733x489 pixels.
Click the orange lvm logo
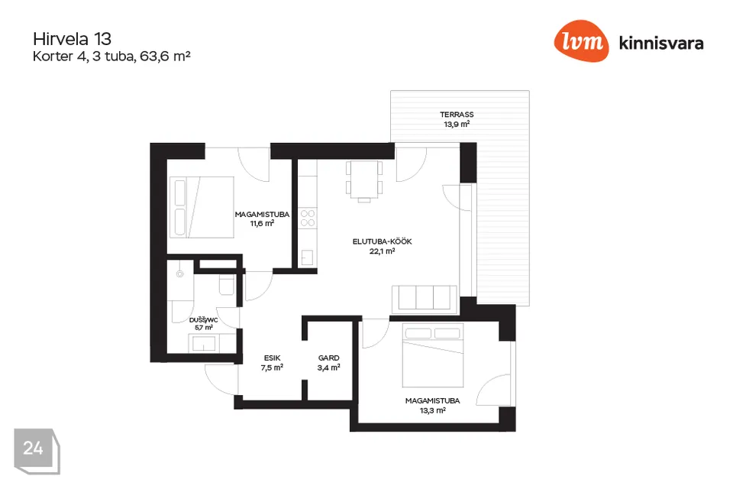pyautogui.click(x=581, y=41)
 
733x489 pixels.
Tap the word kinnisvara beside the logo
pyautogui.click(x=661, y=43)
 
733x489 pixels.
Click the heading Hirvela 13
pyautogui.click(x=72, y=39)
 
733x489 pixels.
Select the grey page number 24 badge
pyautogui.click(x=37, y=451)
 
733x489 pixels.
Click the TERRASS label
pyautogui.click(x=457, y=114)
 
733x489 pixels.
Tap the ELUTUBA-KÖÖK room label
pyautogui.click(x=382, y=241)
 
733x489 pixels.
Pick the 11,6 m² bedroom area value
pyautogui.click(x=262, y=224)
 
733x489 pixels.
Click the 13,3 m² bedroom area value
pyautogui.click(x=432, y=410)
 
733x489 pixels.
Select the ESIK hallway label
pyautogui.click(x=272, y=358)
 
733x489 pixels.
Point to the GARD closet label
pyautogui.click(x=328, y=358)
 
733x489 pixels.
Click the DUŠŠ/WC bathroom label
pyautogui.click(x=203, y=320)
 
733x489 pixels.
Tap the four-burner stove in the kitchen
pyautogui.click(x=308, y=218)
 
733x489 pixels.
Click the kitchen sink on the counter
pyautogui.click(x=307, y=257)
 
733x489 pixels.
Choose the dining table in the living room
pyautogui.click(x=364, y=180)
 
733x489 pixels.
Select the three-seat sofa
pyautogui.click(x=425, y=299)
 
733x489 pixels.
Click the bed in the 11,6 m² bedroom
pyautogui.click(x=202, y=207)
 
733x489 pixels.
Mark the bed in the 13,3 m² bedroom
pyautogui.click(x=433, y=355)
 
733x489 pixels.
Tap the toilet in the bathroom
pyautogui.click(x=227, y=284)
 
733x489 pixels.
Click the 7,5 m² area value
pyautogui.click(x=272, y=368)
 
